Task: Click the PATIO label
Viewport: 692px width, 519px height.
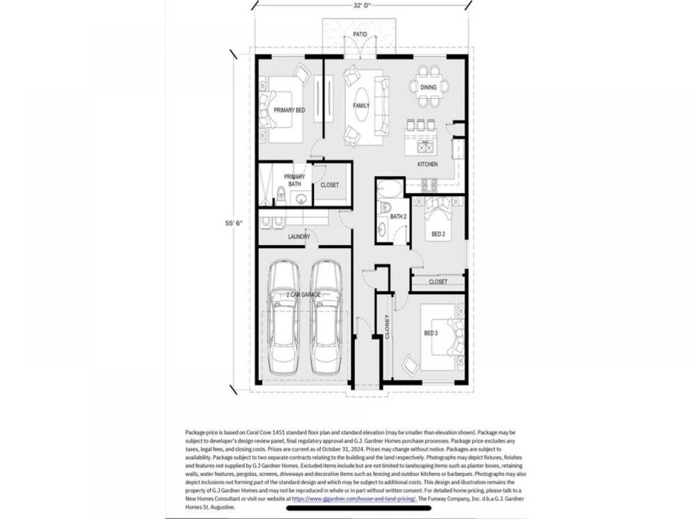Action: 360,34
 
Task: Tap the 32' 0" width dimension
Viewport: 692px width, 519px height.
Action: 362,6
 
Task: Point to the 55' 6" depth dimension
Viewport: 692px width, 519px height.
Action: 234,223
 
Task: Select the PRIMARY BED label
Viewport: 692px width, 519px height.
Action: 289,110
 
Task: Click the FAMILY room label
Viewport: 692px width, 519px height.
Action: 361,106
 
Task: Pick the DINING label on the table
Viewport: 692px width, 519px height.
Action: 428,87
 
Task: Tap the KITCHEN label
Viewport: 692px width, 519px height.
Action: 427,164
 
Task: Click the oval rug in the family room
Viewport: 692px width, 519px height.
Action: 362,104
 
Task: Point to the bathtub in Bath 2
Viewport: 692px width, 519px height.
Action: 389,189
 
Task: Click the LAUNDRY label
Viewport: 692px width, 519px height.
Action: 299,236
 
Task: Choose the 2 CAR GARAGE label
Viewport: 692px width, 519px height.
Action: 303,295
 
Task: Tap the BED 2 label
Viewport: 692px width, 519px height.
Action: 438,234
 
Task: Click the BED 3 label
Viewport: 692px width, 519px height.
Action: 431,333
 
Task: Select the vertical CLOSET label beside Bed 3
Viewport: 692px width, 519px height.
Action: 387,327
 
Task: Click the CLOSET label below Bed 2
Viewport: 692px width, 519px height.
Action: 438,282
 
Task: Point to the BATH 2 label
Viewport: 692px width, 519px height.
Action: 398,216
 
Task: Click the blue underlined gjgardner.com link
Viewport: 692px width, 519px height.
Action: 354,499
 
